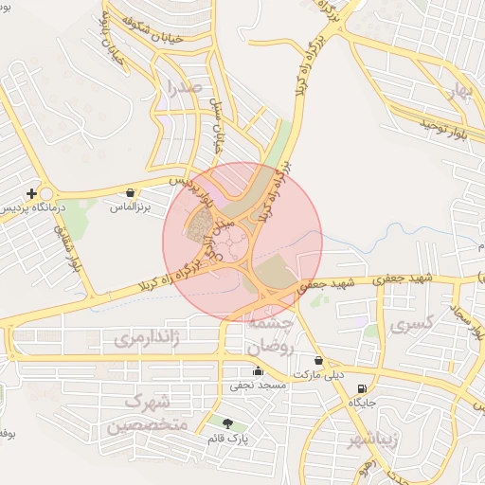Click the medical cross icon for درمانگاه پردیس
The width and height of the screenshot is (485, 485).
(31, 193)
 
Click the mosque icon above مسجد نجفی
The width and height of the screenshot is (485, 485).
(258, 371)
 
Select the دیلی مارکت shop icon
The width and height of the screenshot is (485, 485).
(318, 361)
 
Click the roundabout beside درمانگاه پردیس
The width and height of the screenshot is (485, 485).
(45, 192)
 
